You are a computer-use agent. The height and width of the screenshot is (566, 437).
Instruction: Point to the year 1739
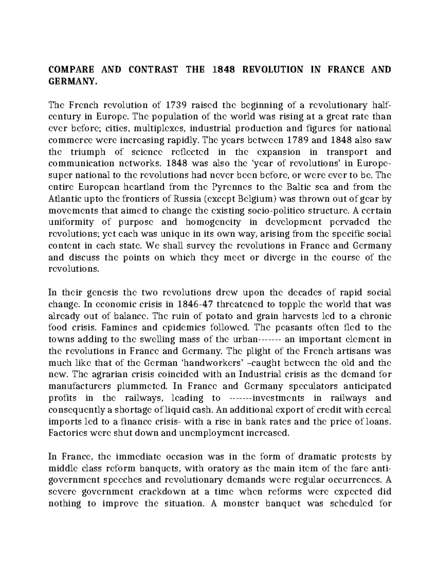(177, 105)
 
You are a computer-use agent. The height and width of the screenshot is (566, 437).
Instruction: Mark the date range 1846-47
(196, 304)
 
